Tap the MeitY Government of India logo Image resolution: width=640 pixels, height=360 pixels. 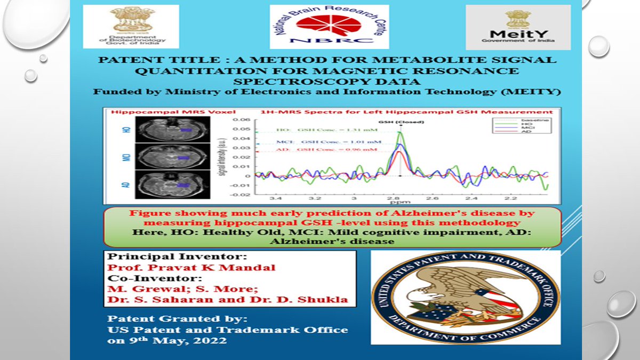click(x=518, y=27)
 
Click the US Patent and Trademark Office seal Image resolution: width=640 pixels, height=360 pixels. click(x=465, y=298)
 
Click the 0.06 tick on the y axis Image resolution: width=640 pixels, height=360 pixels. click(x=243, y=120)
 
